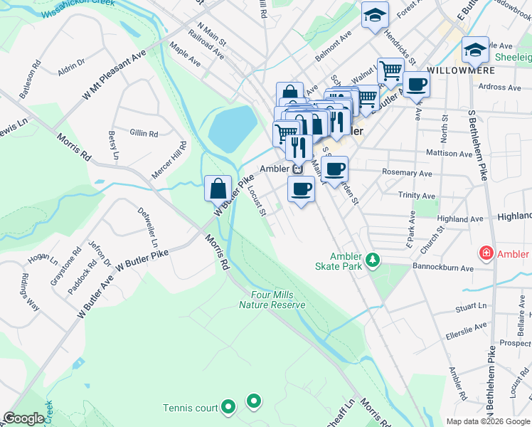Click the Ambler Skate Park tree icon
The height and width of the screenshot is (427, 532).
coord(371,261)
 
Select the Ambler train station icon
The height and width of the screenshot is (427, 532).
coord(298,169)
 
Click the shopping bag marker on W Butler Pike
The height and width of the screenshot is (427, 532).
coord(218,189)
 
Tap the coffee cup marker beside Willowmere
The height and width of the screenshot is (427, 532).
coord(416,84)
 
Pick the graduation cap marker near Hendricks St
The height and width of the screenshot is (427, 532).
coord(374,16)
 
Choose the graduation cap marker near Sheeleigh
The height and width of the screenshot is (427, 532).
coord(475,50)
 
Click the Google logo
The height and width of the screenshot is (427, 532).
coord(23,418)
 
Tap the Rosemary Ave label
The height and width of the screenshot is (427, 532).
coord(408,173)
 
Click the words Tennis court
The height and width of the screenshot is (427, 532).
coord(189,408)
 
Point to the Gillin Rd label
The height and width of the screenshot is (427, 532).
coord(144,133)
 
